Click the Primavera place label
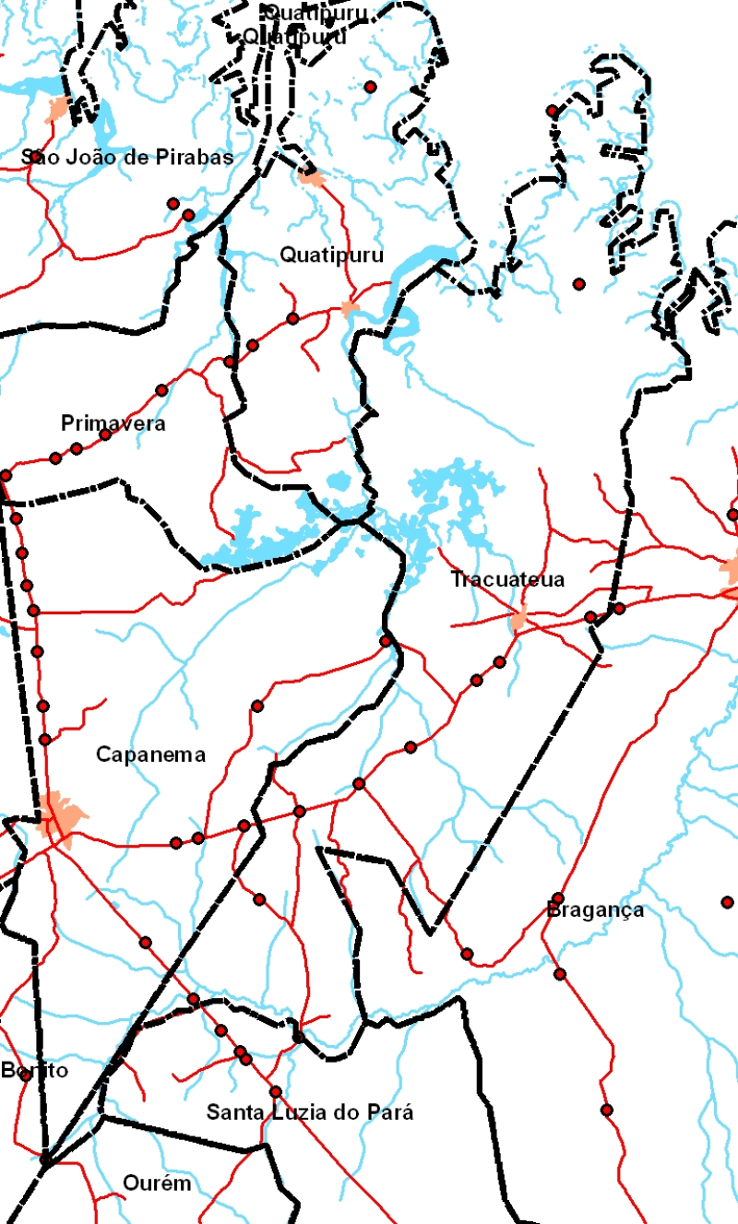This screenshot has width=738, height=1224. [113, 424]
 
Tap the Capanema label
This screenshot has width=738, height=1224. [150, 755]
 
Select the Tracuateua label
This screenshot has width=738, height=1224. [507, 580]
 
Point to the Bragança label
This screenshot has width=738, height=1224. [596, 910]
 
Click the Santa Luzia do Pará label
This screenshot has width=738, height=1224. [310, 1112]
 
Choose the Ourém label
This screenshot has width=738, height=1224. [157, 1183]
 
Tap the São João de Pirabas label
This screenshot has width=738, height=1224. [127, 158]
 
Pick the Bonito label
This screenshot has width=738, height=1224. [34, 1071]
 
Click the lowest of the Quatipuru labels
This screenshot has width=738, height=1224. [331, 255]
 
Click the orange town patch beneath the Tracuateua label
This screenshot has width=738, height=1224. [519, 620]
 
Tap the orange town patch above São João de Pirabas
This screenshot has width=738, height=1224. [59, 108]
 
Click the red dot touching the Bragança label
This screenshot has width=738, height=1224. [558, 898]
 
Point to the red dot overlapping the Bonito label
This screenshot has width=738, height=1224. [26, 1075]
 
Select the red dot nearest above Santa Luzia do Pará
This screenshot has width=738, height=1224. [275, 1092]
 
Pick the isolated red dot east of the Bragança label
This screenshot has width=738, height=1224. [727, 902]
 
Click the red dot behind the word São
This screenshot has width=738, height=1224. [36, 157]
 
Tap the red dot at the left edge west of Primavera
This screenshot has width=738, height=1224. [6, 475]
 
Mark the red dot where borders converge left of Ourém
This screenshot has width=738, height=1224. [44, 1158]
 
